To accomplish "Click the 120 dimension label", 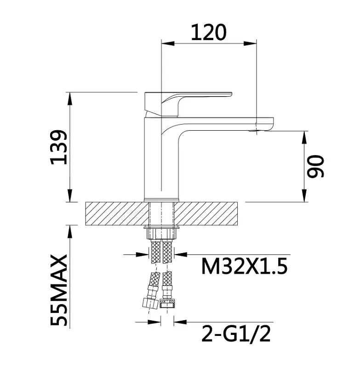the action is [209, 33].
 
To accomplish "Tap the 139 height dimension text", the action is [59, 147].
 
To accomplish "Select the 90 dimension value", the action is [315, 166].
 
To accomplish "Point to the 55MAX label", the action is [59, 290].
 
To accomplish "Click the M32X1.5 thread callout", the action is [245, 266].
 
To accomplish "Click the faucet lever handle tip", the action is [230, 94].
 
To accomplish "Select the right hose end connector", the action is [167, 304].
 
